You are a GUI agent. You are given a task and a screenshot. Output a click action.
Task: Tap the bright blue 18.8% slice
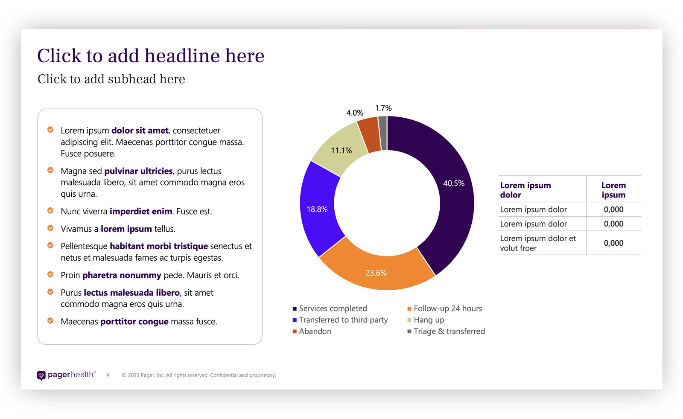click(318, 209)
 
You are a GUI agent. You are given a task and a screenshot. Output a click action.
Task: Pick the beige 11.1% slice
click(341, 150)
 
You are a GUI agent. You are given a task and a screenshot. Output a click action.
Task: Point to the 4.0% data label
click(355, 113)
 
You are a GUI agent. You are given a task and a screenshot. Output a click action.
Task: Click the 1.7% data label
click(383, 108)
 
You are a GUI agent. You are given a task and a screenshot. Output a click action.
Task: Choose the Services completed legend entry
click(333, 308)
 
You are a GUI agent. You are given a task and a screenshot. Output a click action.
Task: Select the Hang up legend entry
click(429, 320)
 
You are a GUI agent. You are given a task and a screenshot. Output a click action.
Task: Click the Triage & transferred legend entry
click(449, 332)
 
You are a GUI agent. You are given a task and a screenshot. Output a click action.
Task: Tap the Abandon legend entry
click(315, 332)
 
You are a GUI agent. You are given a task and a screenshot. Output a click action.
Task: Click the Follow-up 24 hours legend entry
click(447, 308)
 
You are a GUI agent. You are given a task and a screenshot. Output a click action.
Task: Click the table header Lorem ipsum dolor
click(525, 190)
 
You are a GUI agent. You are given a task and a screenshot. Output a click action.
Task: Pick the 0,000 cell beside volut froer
click(613, 243)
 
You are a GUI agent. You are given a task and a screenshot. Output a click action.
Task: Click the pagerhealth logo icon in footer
click(41, 375)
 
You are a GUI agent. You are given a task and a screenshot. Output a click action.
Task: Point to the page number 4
click(108, 375)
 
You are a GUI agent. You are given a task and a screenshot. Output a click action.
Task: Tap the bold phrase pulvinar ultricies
click(138, 171)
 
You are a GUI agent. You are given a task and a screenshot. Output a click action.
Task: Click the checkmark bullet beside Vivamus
click(50, 228)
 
